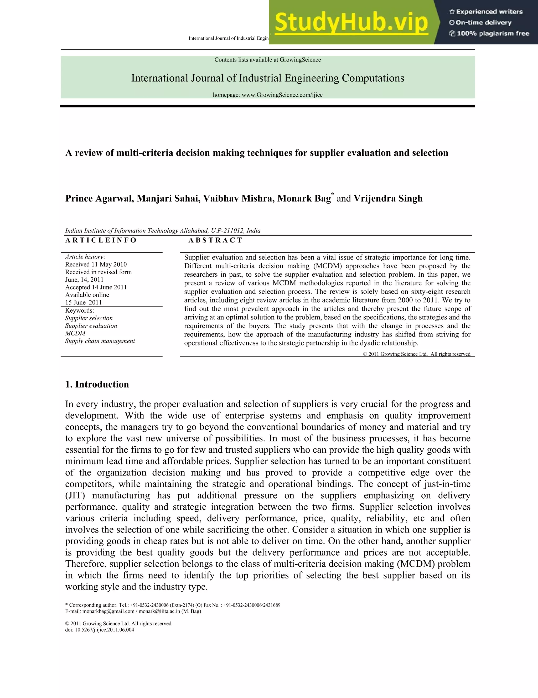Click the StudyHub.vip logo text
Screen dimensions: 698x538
[x=351, y=22]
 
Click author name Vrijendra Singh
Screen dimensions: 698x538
[x=388, y=198]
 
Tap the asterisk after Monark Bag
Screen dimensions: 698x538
[x=333, y=194]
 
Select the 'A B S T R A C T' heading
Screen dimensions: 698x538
[x=215, y=240]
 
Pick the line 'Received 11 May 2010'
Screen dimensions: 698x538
[x=96, y=265]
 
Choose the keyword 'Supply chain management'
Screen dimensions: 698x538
[x=100, y=341]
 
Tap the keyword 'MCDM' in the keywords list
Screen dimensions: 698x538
[x=75, y=333]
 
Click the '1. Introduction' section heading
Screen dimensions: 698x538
[x=97, y=385]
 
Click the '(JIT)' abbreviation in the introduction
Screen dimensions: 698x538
[x=75, y=496]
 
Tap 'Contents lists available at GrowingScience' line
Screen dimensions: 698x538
[x=268, y=60]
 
